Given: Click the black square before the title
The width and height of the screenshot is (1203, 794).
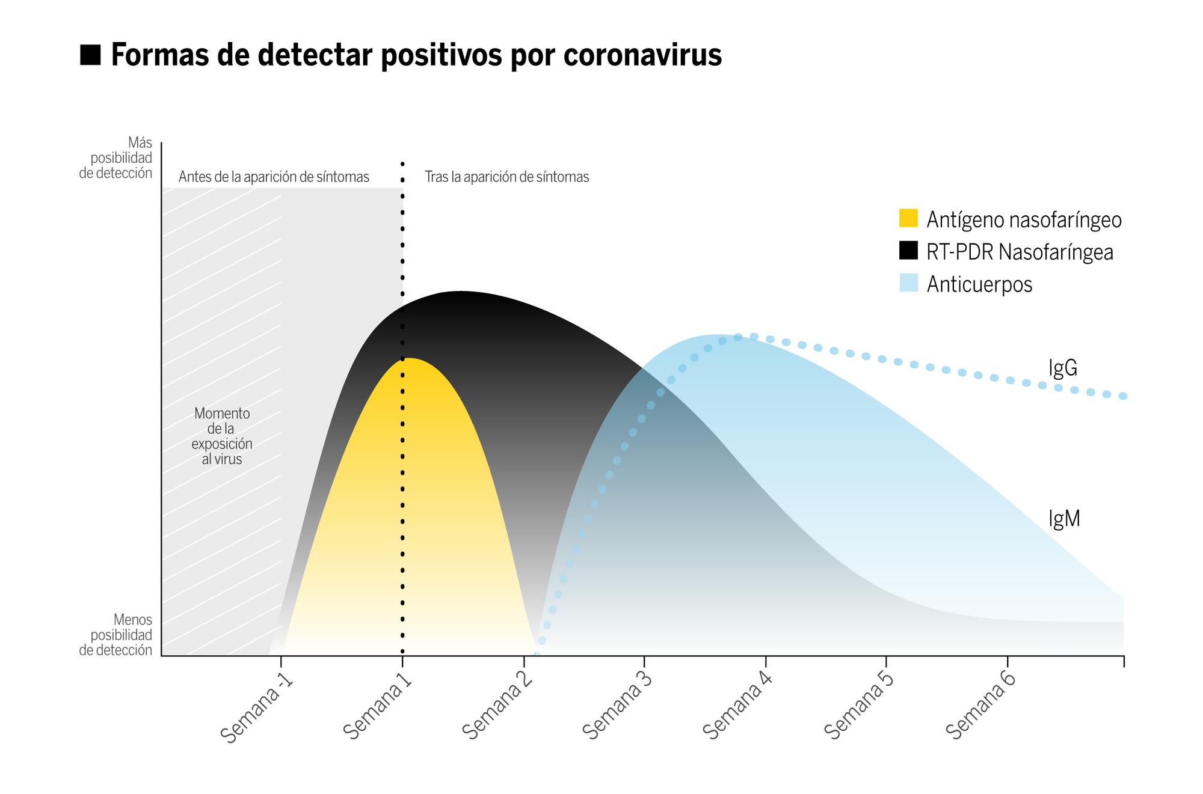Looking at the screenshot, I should tap(90, 55).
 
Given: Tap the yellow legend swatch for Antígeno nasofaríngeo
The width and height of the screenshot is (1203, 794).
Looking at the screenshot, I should tap(908, 218).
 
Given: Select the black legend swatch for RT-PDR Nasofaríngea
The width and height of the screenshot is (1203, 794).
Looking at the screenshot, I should tap(908, 251).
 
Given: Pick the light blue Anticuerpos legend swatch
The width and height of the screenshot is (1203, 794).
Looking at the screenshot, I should tap(908, 283).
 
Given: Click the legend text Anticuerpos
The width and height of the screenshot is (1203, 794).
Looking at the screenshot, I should tap(979, 284).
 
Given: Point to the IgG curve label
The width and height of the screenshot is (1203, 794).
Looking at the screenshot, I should tap(1062, 368).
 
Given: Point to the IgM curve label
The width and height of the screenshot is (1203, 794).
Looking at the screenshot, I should tap(1064, 519).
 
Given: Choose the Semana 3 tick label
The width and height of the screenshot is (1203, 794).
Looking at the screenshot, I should tap(618, 707).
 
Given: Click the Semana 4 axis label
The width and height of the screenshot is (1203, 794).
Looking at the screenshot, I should tap(739, 707).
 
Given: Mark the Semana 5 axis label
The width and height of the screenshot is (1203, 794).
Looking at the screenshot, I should tap(859, 707).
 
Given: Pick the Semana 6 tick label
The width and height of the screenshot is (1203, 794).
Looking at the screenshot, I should tap(980, 707).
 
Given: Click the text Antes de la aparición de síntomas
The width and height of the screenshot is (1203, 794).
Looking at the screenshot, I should tap(274, 177).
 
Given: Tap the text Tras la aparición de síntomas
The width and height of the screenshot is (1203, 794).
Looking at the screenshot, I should tap(506, 177).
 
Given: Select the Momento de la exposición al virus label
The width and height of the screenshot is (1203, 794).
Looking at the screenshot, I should tap(222, 436).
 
